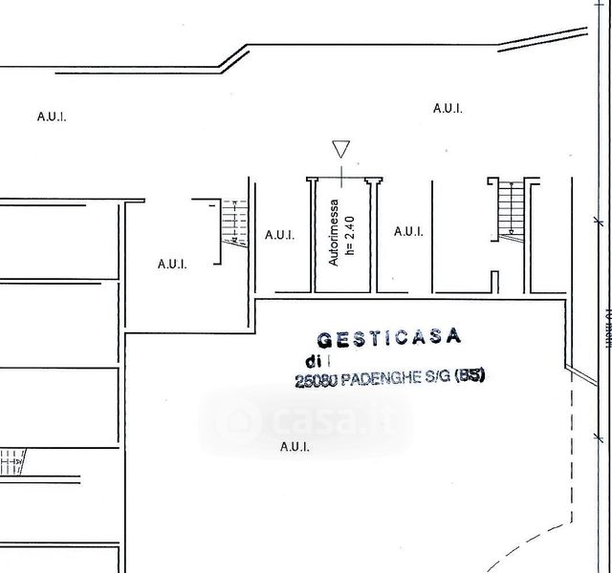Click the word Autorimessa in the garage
pos(335,232)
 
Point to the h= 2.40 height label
pos(351,235)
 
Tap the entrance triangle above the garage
pos(340,149)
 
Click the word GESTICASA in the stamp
pos(388,337)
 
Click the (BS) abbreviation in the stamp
pos(470,375)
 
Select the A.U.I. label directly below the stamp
pos(295,446)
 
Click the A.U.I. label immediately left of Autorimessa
pos(279,234)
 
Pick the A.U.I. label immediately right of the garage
pos(408,231)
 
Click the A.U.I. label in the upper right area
pos(448,109)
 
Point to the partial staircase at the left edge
pos(14,462)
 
